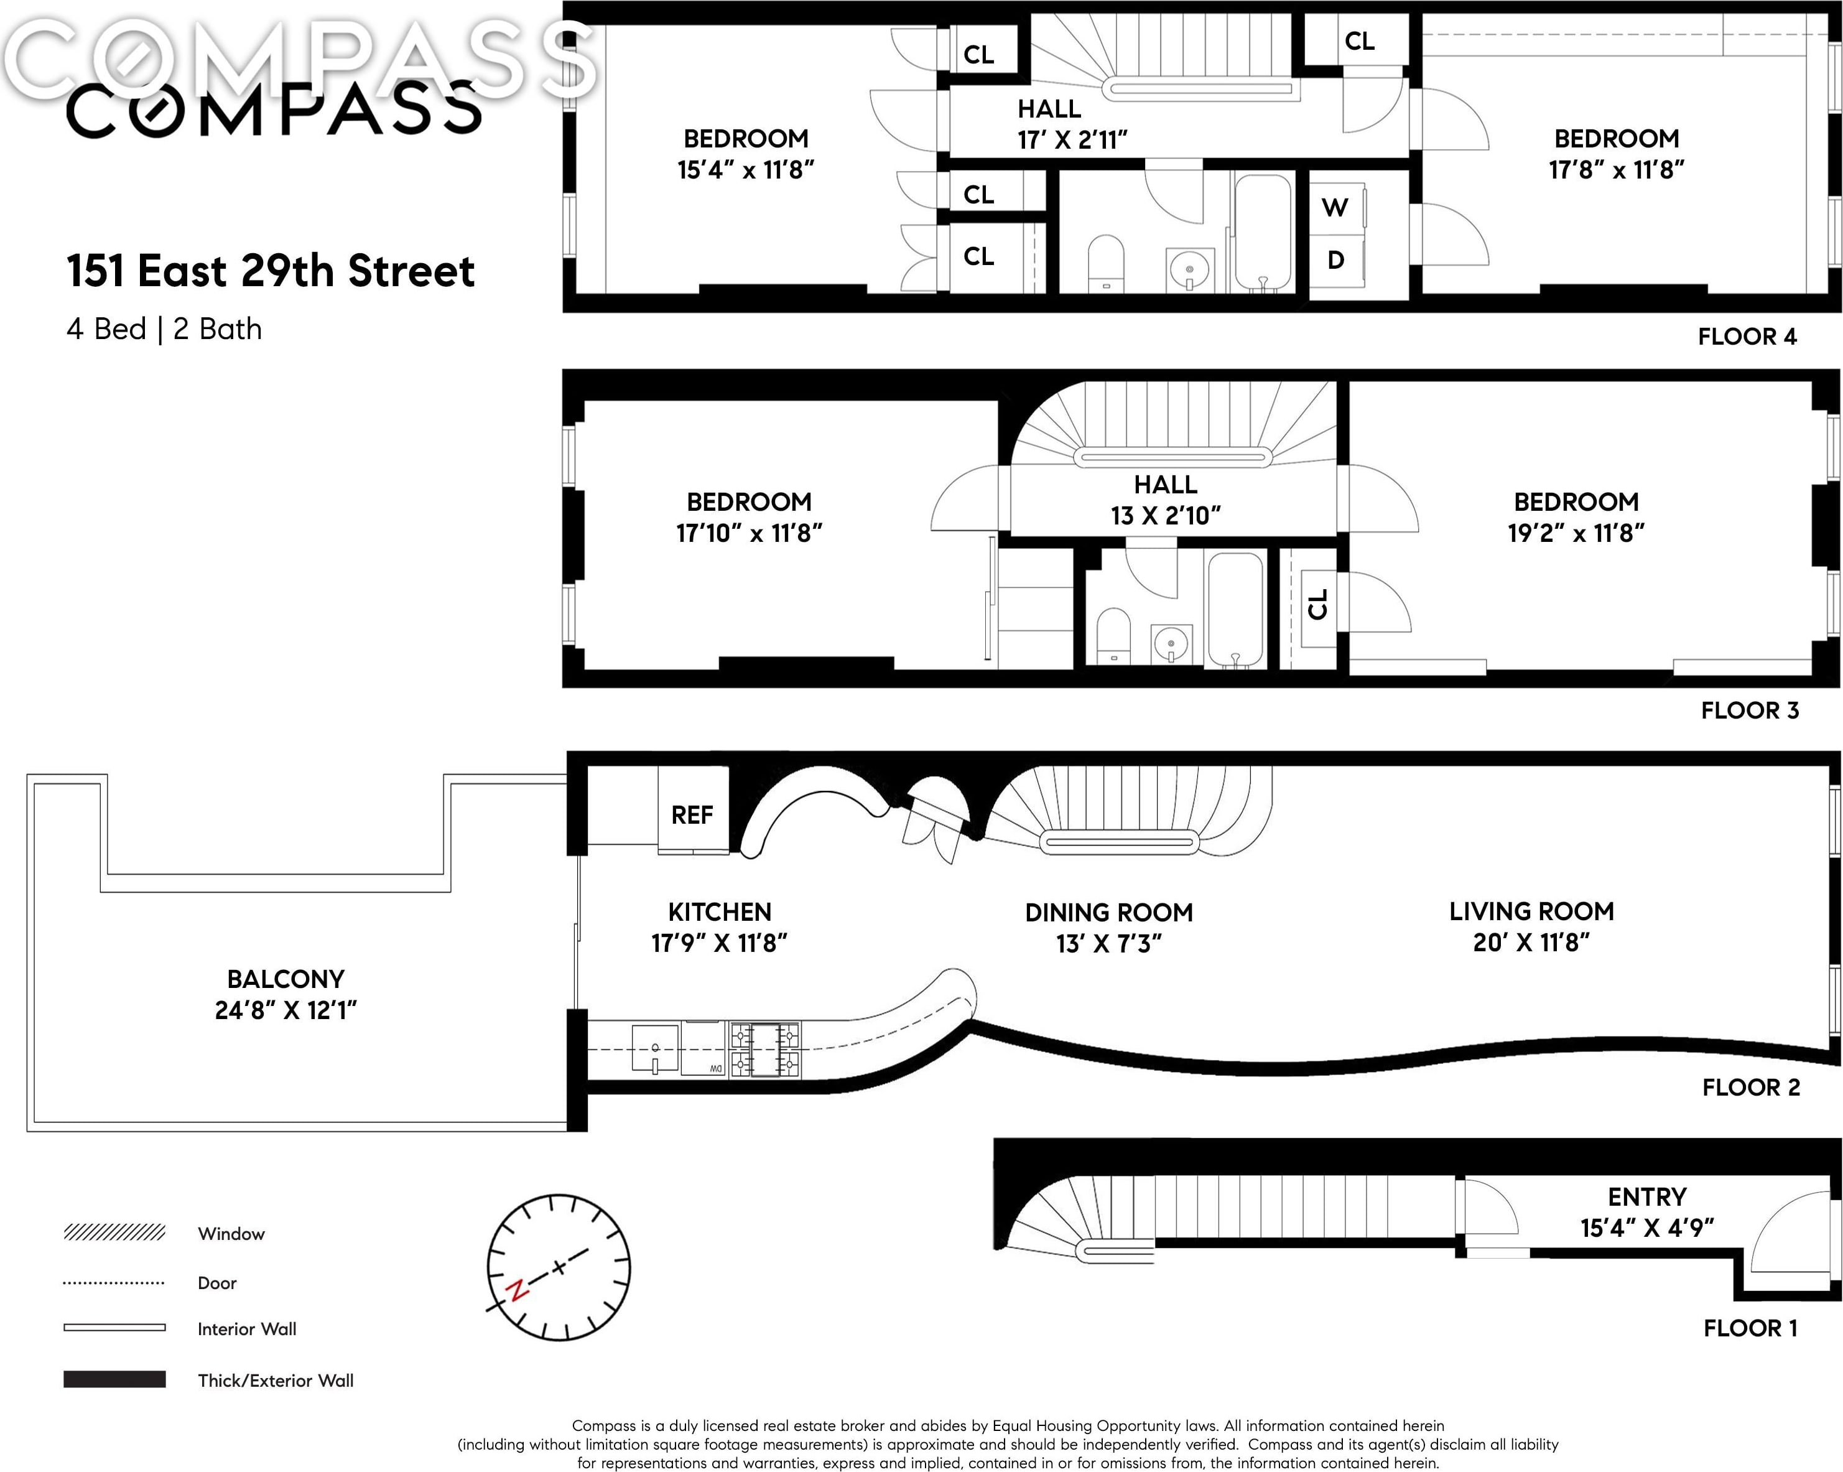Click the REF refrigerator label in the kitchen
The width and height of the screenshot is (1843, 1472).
(x=692, y=814)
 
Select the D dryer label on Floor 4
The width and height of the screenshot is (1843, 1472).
(x=1335, y=260)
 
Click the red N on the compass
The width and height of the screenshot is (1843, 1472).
(x=516, y=1290)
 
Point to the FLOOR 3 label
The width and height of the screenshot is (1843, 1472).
(x=1749, y=710)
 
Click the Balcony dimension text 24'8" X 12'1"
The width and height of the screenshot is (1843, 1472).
(x=286, y=1010)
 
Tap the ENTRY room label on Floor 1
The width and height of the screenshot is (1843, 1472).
(x=1647, y=1197)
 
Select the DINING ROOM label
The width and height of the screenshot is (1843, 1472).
(x=1108, y=912)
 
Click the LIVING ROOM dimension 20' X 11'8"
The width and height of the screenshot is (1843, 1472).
(x=1531, y=942)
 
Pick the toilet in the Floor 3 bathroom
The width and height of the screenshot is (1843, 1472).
(x=1113, y=634)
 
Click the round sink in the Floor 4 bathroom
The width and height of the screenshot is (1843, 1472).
(x=1190, y=270)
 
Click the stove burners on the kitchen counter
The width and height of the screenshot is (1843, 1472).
(x=765, y=1049)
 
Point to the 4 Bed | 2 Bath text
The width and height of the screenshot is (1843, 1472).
(x=164, y=329)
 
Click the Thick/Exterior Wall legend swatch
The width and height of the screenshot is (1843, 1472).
(x=114, y=1379)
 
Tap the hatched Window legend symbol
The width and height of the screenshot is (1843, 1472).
(x=114, y=1232)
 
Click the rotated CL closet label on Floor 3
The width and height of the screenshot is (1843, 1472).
(x=1317, y=604)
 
